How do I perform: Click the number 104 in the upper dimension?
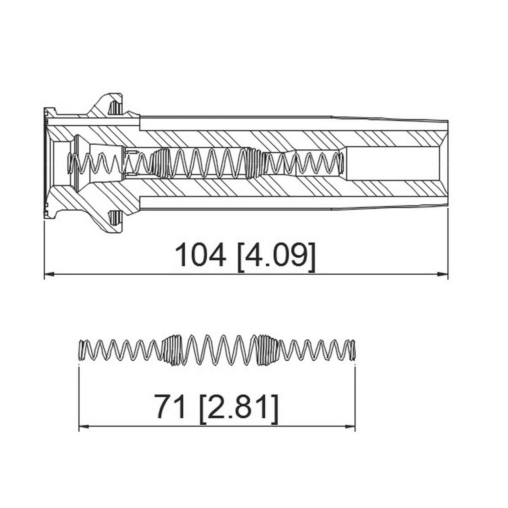[200, 255]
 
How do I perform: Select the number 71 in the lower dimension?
[170, 407]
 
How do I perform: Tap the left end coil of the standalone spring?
[81, 350]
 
